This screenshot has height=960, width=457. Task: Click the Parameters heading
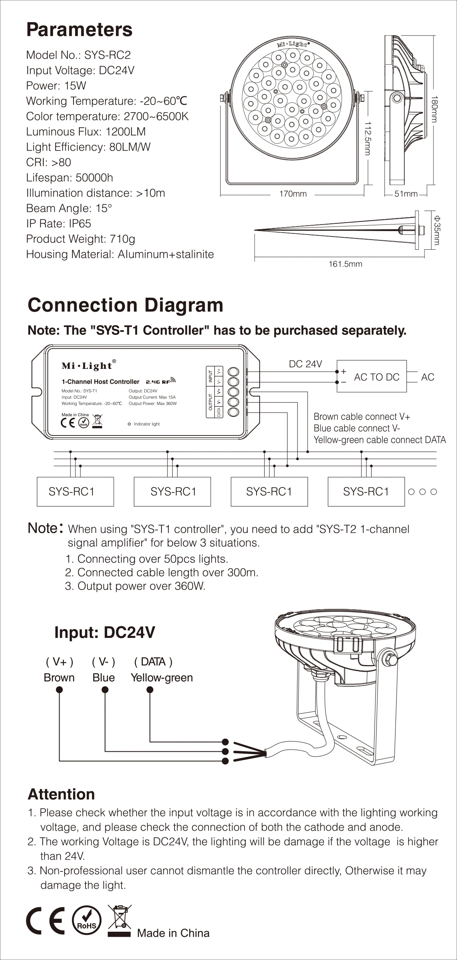coord(79,30)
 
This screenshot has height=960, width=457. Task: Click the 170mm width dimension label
coord(293,194)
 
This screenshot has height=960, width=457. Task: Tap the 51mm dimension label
coord(406,194)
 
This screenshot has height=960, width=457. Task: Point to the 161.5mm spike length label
coord(345,264)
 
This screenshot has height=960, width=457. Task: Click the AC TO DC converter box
coord(372,377)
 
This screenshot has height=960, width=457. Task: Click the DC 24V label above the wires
coord(305,364)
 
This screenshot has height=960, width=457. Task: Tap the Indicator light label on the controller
coord(146,424)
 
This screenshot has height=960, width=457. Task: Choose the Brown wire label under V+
coord(59,678)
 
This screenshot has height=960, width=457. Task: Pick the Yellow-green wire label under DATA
coord(162,678)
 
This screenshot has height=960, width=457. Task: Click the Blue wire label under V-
coord(104,678)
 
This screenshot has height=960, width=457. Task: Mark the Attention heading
coord(61,794)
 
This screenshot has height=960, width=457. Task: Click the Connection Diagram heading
coord(125,305)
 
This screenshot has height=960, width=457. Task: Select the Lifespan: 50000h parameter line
coord(70,178)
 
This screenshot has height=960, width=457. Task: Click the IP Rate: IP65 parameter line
coord(58,224)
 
